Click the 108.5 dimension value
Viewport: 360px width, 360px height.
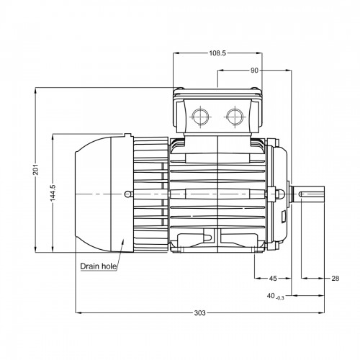click(217, 53)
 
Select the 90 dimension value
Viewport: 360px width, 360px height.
click(254, 71)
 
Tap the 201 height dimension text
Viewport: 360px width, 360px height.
click(36, 169)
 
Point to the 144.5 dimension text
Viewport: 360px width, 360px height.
click(53, 193)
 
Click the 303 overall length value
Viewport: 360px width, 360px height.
click(200, 312)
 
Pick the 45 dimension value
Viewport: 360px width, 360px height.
click(273, 279)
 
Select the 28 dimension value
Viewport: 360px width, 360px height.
click(336, 279)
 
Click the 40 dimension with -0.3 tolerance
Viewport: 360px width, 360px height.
click(275, 297)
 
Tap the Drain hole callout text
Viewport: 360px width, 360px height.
click(99, 266)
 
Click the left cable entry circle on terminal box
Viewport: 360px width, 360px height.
click(200, 117)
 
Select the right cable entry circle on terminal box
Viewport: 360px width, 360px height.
click(235, 117)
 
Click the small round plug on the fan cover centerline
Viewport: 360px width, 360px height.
click(128, 194)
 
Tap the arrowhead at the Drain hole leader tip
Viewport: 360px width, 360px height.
click(123, 240)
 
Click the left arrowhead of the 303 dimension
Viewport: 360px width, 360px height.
click(78, 312)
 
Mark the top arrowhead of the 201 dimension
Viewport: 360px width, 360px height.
click(36, 90)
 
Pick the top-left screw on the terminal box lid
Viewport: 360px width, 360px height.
click(181, 88)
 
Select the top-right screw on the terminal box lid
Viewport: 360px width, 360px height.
click(255, 88)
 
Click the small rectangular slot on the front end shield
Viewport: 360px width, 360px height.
click(284, 217)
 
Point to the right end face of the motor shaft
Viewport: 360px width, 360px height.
click(324, 194)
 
